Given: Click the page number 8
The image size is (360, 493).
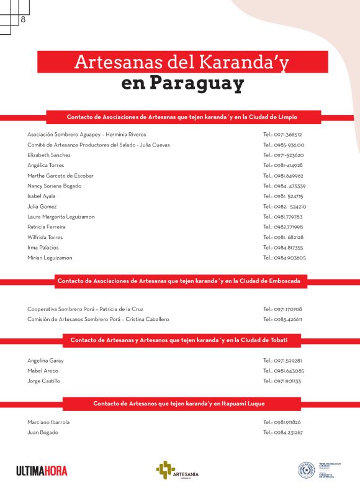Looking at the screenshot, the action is pos(23,19).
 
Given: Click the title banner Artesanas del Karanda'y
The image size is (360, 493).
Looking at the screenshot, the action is pos(182,62).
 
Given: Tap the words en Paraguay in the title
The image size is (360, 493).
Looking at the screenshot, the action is pos(182,83).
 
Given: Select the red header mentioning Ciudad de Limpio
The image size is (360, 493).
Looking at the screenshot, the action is pos(182,117).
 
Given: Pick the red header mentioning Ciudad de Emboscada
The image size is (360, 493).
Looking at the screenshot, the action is pos(179,281).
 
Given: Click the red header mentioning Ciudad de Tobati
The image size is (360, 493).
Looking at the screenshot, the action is pos(178,340).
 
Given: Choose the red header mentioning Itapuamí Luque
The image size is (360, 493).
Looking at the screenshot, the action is pos(179,404).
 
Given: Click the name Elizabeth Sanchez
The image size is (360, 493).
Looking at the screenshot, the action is pos(49,155).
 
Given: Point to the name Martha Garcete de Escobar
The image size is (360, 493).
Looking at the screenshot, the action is pos(61,176).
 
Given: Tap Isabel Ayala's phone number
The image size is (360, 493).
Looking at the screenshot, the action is pos(283,196).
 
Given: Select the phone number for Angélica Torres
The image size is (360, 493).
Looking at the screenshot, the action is pos(283,165).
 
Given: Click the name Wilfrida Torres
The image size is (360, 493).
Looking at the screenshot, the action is pos(45,237).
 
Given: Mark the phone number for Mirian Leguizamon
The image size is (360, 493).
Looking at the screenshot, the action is pos(284,258).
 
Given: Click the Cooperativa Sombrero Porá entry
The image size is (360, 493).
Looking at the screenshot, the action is pos(86,309).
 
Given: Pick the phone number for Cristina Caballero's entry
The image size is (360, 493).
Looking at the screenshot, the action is pos(282,319).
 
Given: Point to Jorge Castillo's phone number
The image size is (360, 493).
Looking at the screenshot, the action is pos(282,381).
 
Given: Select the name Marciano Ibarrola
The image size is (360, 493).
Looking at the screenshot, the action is pos(48,422).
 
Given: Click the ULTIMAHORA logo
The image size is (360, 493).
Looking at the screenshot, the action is pos(42,471).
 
